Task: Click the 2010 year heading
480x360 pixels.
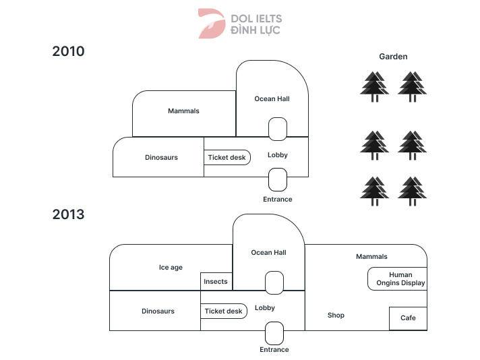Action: pos(69,51)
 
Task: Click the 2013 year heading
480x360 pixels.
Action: pos(69,215)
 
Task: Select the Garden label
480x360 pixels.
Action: pos(393,57)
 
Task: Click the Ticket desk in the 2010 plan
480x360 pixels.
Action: pos(228,158)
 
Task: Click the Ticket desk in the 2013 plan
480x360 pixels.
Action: pos(224,311)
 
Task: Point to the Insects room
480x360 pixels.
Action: pos(216,282)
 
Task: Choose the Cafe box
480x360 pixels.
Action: pos(408,318)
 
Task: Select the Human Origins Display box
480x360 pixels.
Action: pos(397,279)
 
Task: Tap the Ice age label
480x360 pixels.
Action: pos(171,268)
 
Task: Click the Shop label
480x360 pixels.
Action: pos(336,316)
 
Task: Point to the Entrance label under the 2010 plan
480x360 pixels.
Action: pos(278,200)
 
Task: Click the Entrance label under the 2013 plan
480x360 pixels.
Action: pos(274,350)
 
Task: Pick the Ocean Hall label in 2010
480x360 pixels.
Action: pos(272,99)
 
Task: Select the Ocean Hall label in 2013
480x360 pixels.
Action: pos(268,253)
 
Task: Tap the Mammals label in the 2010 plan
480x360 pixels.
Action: pos(183,111)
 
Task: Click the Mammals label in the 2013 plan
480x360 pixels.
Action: pos(371,257)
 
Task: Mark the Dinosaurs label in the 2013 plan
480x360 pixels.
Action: pos(158,311)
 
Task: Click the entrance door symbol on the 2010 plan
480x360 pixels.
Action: pos(278,180)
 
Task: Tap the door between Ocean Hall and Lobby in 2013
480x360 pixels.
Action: pos(274,282)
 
